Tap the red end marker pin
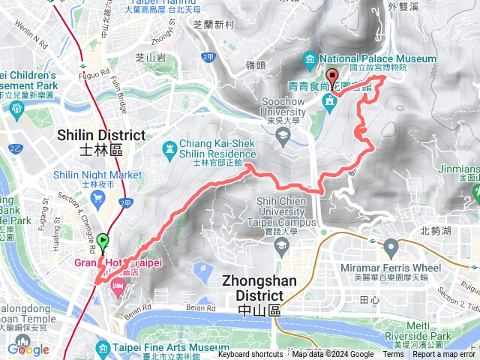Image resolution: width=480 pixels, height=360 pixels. pos(332,76)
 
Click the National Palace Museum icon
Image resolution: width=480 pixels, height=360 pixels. pos(310,58)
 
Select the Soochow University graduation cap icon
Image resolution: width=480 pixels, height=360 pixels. pos(283,135)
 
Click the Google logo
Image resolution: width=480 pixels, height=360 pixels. pos(28,349)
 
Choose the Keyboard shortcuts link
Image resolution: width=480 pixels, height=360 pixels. pos(250,355)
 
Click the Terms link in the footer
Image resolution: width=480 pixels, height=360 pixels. pos(392,355)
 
